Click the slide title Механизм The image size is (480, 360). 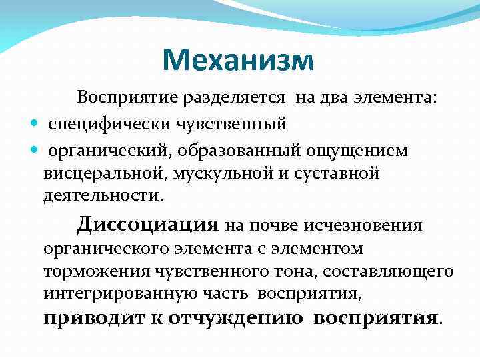(x=237, y=61)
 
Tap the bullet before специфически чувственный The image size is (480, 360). (x=33, y=124)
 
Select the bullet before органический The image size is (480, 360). (x=33, y=151)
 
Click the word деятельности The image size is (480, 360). (x=103, y=197)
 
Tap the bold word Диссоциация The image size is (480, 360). (x=147, y=224)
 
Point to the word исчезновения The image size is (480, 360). (x=363, y=225)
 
